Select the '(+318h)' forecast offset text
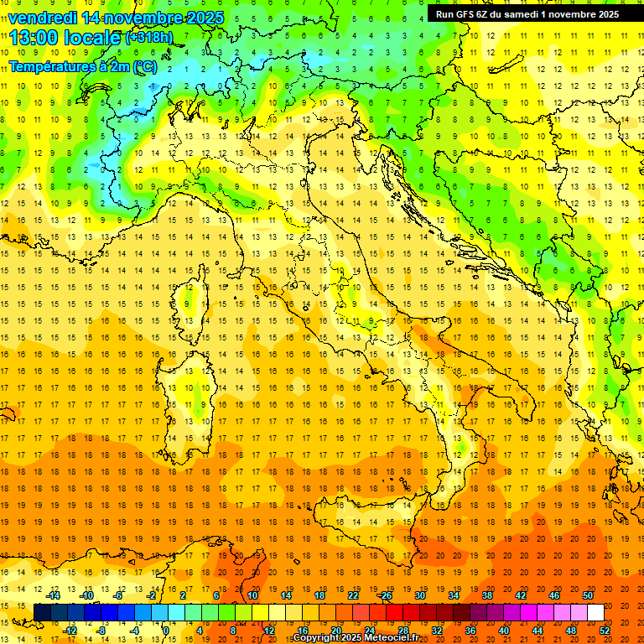pyautogui.click(x=148, y=38)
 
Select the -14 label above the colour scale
pyautogui.click(x=54, y=595)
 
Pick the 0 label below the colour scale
pyautogui.click(x=166, y=631)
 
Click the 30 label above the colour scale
pyautogui.click(x=419, y=595)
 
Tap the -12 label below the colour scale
pyautogui.click(x=70, y=631)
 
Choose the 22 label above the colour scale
pyautogui.click(x=352, y=595)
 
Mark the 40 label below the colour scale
pyautogui.click(x=504, y=631)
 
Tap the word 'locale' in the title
pyautogui.click(x=95, y=38)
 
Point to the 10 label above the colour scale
pyautogui.click(x=252, y=595)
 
